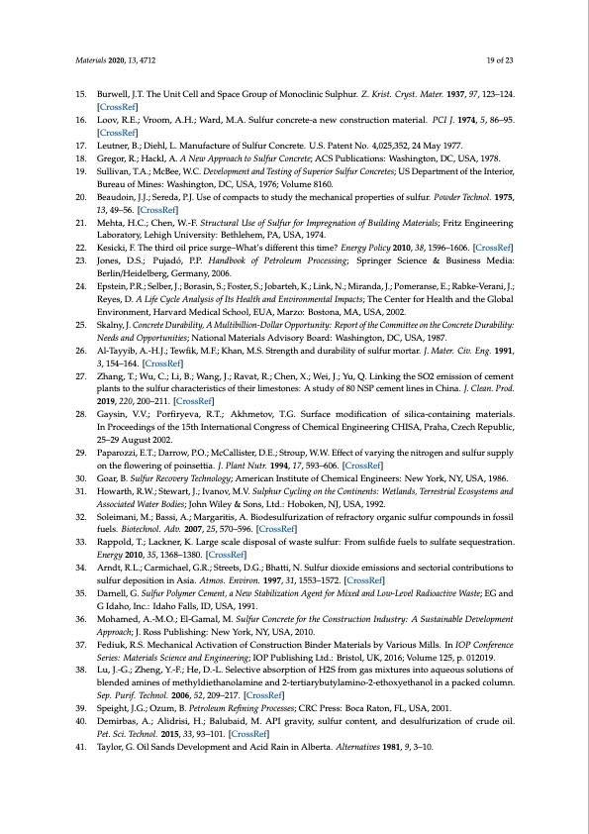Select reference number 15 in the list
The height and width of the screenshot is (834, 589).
82,92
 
